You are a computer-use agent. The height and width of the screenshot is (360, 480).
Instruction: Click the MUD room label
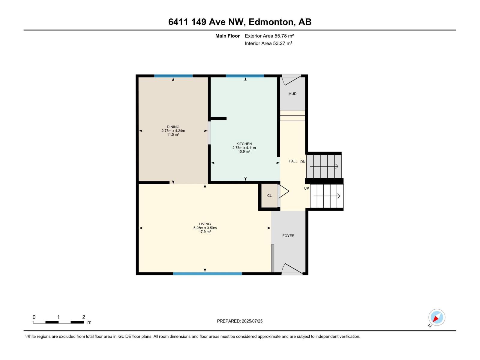pos(292,94)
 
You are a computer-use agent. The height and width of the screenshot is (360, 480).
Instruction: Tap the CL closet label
pos(269,196)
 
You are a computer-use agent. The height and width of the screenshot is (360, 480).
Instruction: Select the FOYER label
pos(288,236)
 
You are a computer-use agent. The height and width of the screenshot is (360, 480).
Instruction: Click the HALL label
pos(293,161)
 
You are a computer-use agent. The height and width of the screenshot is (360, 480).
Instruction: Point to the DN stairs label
pos(303,162)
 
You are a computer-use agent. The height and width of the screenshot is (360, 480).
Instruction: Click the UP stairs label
pos(306,188)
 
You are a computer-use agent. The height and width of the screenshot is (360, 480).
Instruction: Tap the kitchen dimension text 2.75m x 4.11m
pos(244,148)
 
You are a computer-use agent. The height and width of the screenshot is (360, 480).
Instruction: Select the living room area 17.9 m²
pos(205,232)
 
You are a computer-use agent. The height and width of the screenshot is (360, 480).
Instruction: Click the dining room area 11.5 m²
pos(173,135)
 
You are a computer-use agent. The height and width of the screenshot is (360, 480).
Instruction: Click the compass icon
pos(436,317)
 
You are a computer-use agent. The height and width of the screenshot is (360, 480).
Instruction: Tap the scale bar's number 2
pos(84,317)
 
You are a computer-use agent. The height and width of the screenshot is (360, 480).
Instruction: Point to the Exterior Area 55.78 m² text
pos(269,36)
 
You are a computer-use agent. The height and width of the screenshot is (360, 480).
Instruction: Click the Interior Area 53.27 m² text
pos(268,43)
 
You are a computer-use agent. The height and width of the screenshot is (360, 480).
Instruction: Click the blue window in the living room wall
pos(207,274)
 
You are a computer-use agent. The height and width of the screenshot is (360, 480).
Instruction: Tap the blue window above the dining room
pos(173,76)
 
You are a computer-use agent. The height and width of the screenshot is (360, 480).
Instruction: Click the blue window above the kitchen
pos(245,76)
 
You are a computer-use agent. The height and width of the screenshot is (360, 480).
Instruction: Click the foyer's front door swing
pos(292,269)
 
